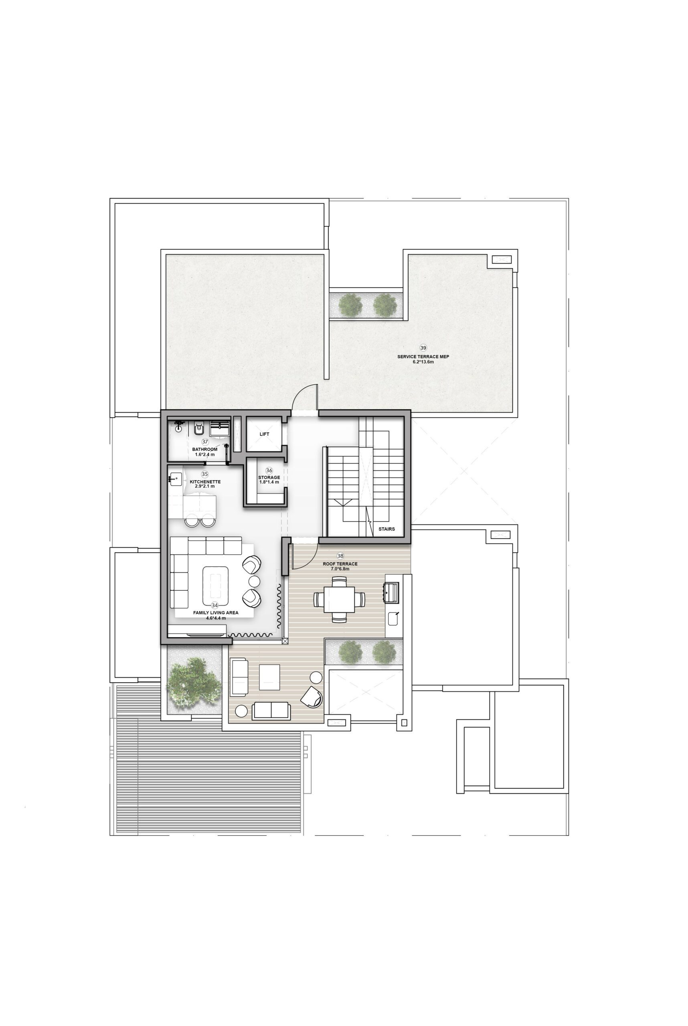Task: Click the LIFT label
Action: tap(264, 434)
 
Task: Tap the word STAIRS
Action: tap(386, 529)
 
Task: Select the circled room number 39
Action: tap(423, 348)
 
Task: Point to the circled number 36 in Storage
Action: tap(269, 471)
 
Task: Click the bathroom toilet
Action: tap(199, 428)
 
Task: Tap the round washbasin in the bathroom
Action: tap(178, 427)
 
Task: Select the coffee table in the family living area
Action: tap(215, 586)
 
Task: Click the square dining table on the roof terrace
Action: tap(339, 599)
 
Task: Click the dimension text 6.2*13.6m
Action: tap(423, 362)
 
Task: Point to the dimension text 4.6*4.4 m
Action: tap(216, 618)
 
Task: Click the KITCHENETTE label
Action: tap(205, 482)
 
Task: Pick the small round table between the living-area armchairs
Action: tap(255, 581)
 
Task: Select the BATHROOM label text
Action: tap(205, 449)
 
